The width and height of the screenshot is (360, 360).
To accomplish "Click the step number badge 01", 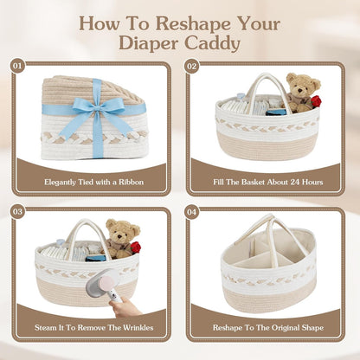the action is pos(17,67).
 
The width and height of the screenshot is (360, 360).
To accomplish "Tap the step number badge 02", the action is pos(192,67).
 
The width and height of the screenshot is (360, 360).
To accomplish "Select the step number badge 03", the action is pos(17,212).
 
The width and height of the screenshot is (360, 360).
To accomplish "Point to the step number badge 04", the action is pos(192,212).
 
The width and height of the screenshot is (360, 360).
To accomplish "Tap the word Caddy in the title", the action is pos(212,43).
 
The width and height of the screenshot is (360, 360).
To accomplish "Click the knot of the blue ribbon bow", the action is pos(96,108).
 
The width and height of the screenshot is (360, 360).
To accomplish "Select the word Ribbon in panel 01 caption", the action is pos(131,183).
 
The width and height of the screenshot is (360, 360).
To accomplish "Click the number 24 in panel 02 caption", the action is pos(295,183).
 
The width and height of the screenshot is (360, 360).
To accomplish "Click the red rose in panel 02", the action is pos(316,101).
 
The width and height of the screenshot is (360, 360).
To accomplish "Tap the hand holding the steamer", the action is pos(125,307).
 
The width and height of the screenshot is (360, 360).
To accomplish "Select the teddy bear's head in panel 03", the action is pos(123,230).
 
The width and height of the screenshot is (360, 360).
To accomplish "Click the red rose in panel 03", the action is pos(136,247).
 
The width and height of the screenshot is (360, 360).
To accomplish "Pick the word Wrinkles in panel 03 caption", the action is pos(138,328).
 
